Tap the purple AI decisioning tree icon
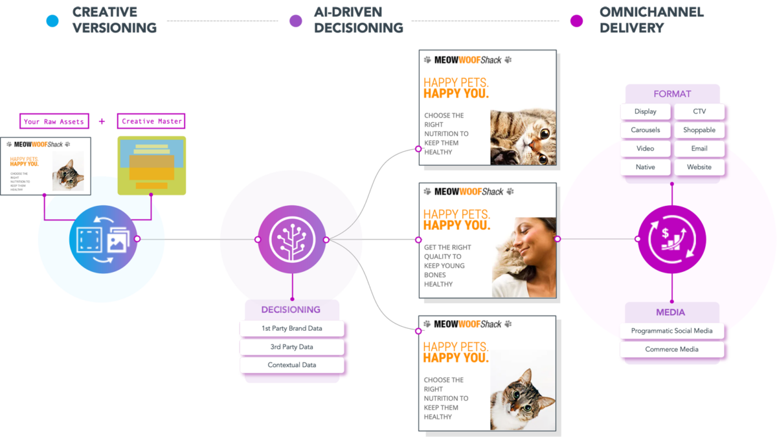tap(291, 240)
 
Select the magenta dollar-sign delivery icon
tap(671, 239)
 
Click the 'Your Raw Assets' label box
tap(54, 121)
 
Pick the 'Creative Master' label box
tap(152, 121)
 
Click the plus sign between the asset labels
tap(102, 121)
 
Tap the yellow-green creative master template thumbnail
tap(152, 165)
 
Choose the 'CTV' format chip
tap(699, 111)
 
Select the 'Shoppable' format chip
tap(699, 130)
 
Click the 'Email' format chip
tap(699, 148)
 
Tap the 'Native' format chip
tap(646, 167)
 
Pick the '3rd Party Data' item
tap(291, 347)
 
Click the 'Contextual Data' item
tap(291, 365)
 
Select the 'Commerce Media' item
tap(671, 350)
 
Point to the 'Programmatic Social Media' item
tap(671, 331)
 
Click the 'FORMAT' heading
tap(672, 94)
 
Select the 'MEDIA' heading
tap(671, 313)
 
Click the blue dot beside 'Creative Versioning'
tap(52, 21)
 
